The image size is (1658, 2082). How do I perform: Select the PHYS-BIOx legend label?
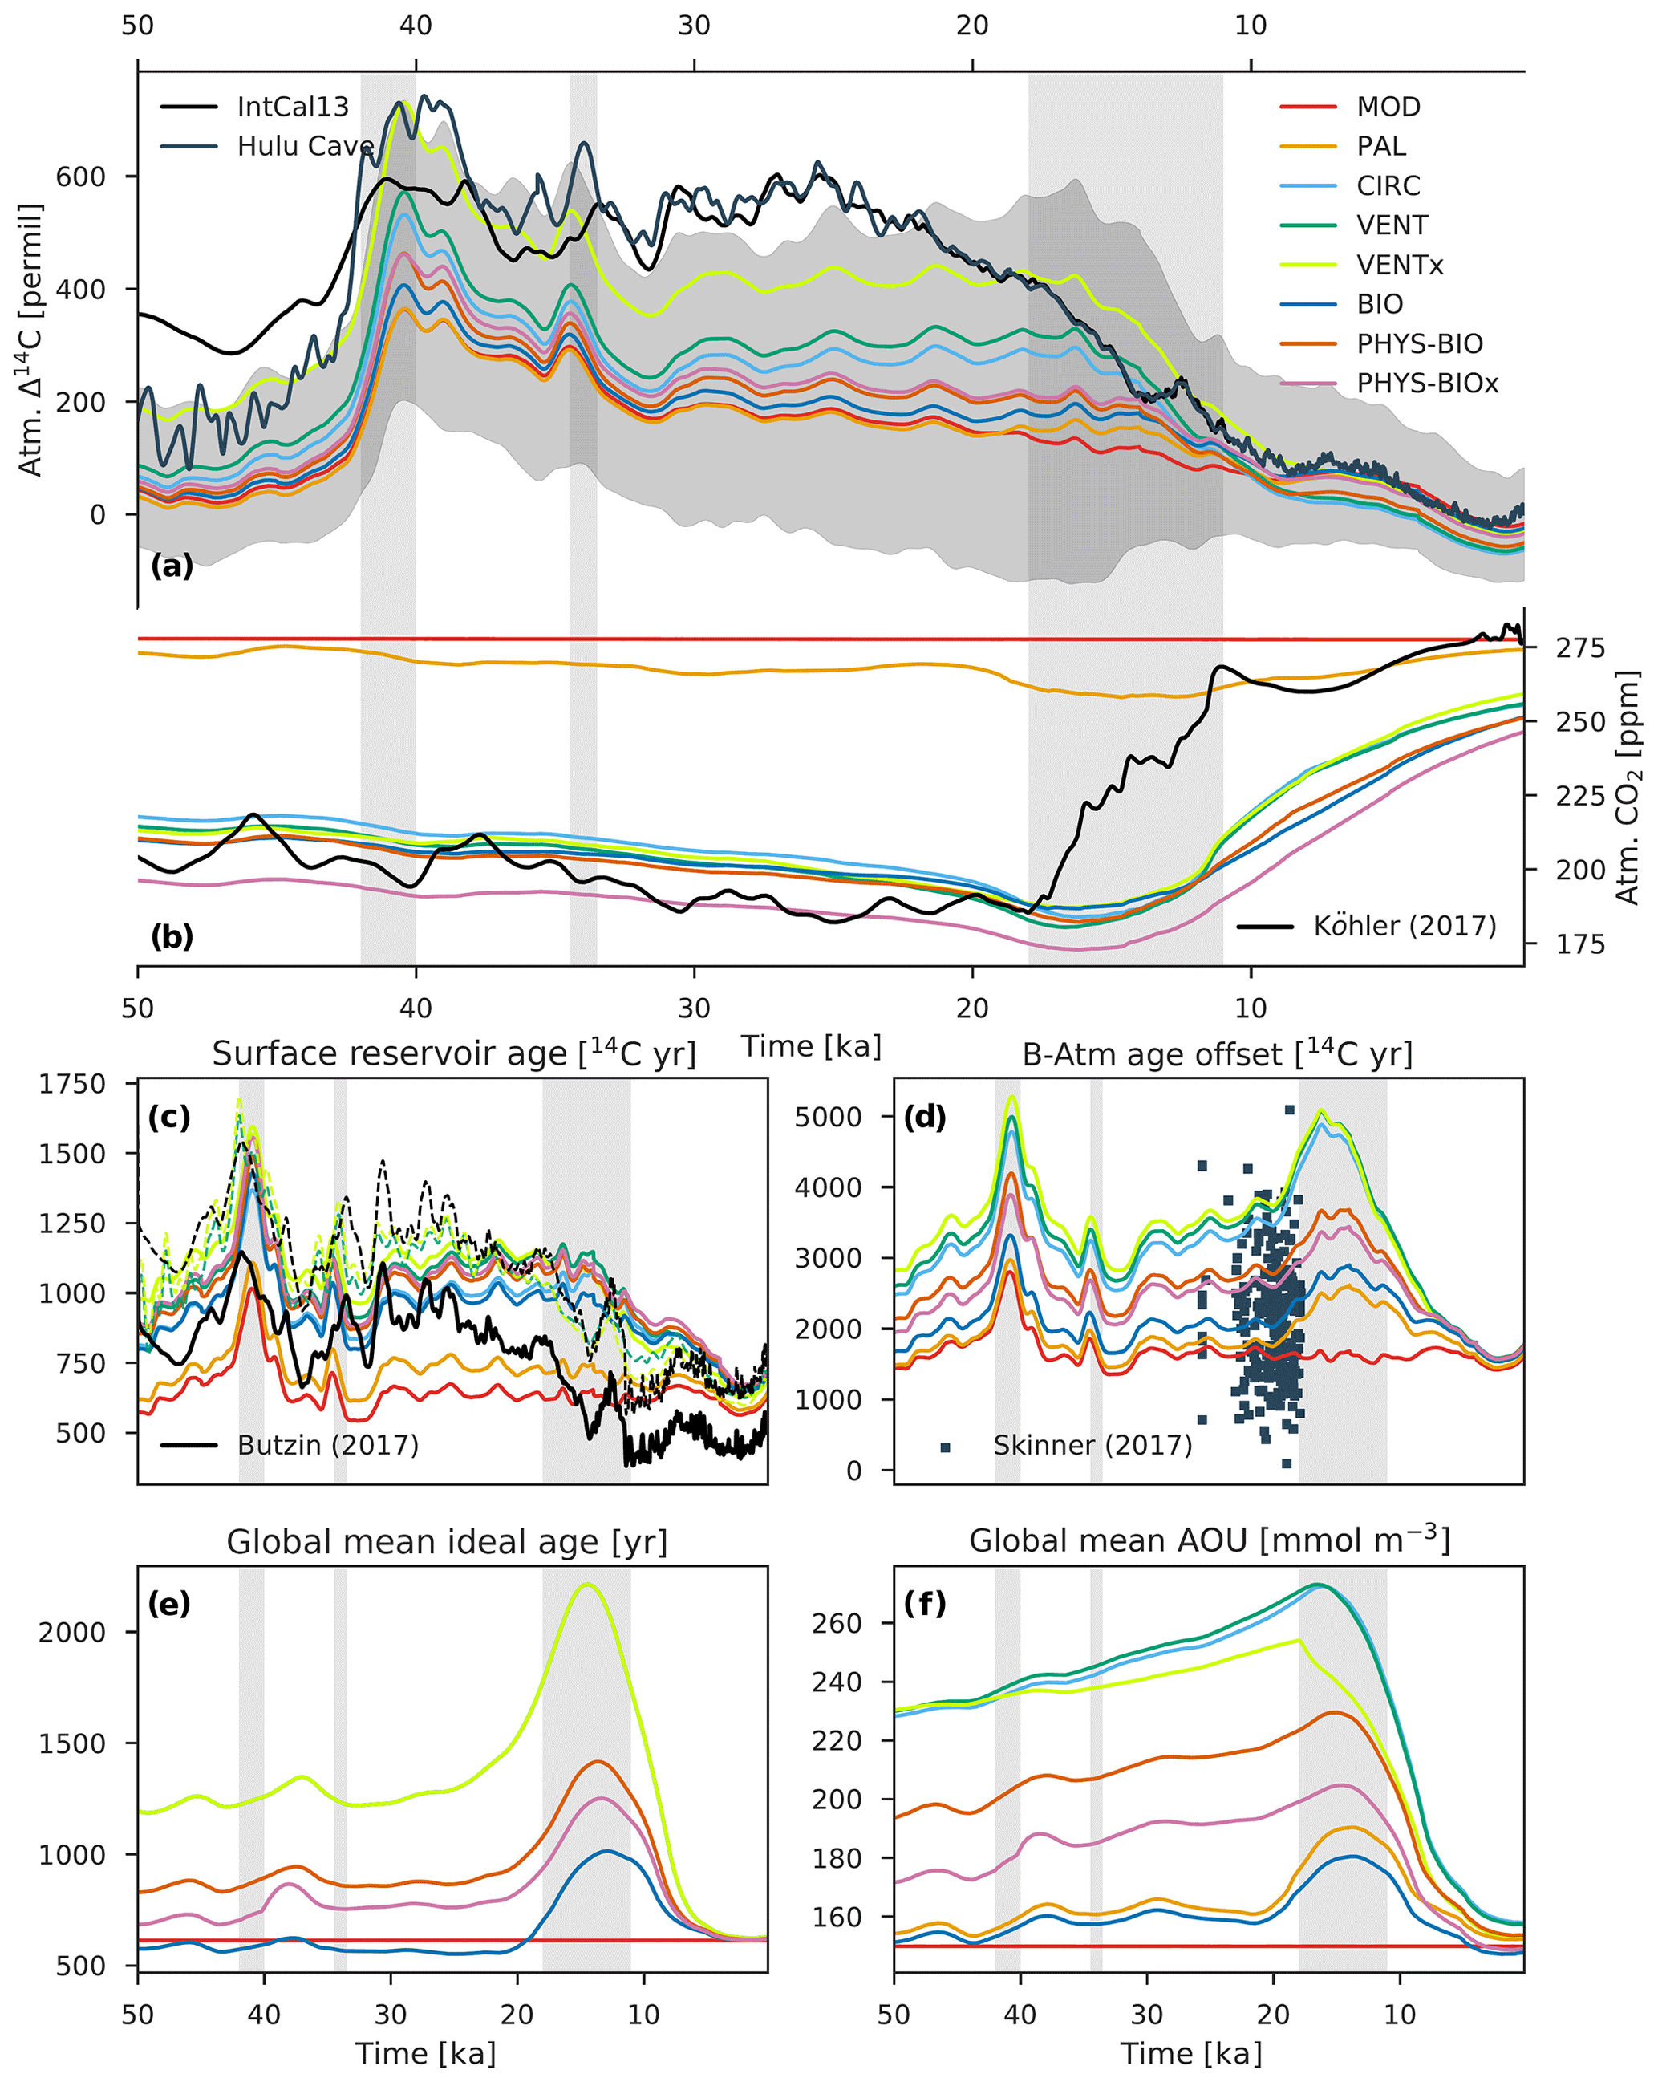1426,384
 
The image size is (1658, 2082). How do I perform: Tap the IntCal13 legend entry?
293,106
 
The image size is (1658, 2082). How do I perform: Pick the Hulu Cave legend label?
305,146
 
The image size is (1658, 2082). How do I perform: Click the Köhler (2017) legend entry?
1404,926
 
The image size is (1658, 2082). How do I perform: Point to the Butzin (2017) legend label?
327,1445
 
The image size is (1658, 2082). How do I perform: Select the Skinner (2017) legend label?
1092,1445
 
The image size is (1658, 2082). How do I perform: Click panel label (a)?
172,566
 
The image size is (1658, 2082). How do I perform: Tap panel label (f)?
925,1604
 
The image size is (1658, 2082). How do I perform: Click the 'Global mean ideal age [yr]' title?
447,1542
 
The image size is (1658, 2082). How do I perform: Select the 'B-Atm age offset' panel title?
1217,1053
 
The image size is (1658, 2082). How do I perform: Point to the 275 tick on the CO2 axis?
1579,648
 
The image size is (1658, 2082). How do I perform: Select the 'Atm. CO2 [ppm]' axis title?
1628,787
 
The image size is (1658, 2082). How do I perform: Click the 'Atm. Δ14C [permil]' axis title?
31,340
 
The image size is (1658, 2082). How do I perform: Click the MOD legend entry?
1388,106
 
